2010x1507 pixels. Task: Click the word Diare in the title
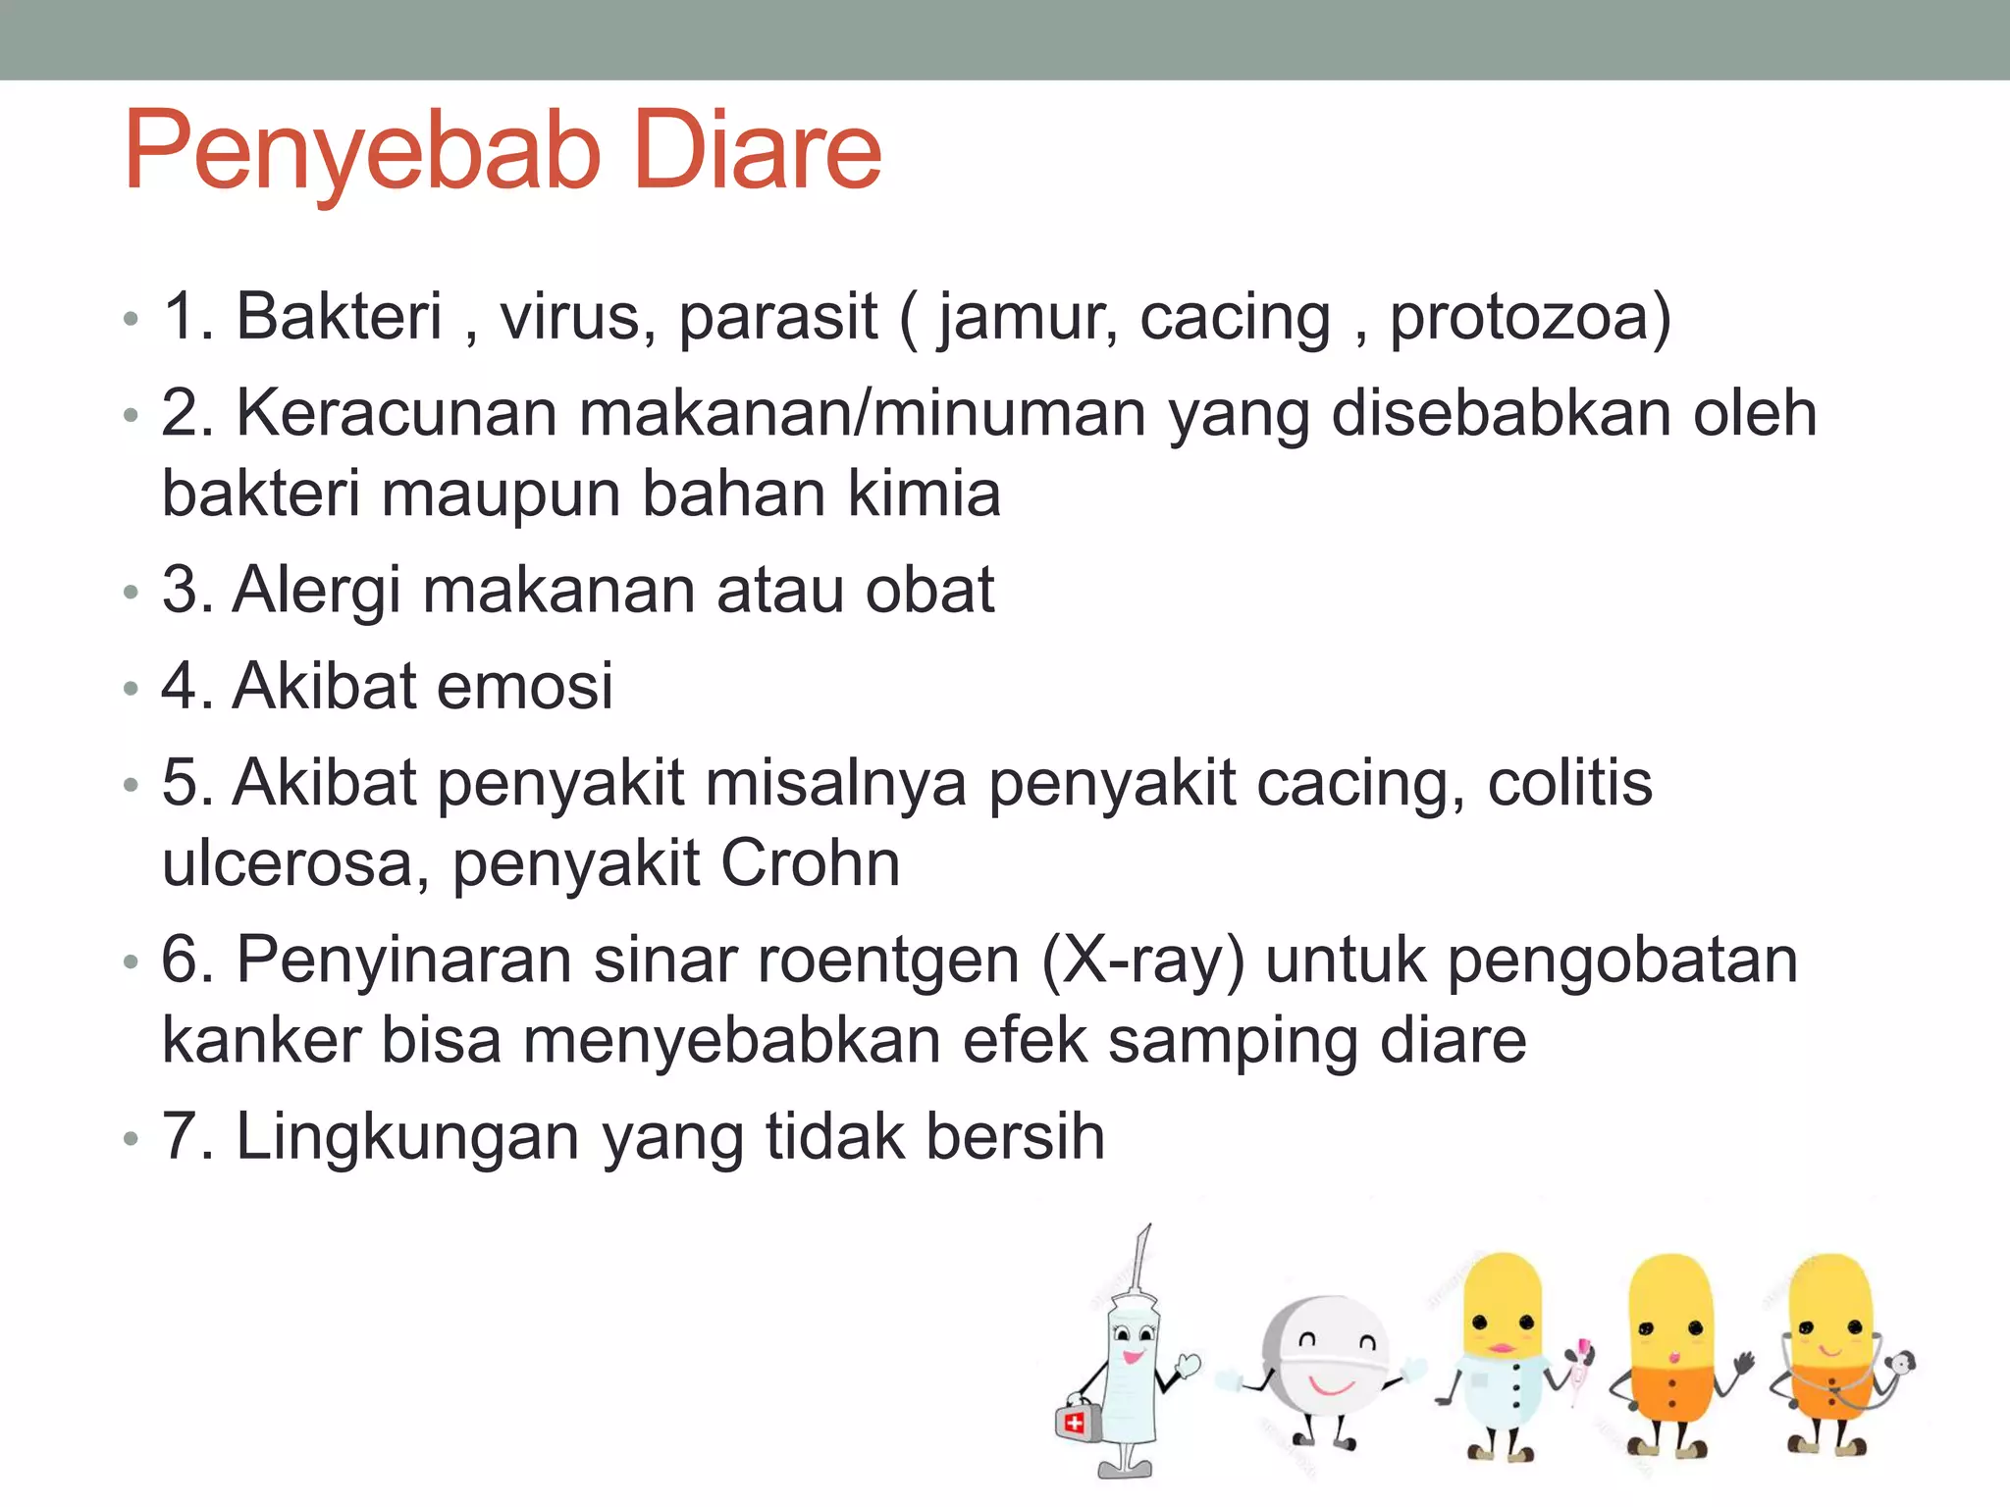(x=758, y=152)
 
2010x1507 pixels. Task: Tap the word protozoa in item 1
(x=1529, y=319)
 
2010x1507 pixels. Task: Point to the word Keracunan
(x=397, y=413)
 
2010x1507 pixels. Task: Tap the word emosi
(x=525, y=686)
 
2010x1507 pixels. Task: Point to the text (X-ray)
(x=1142, y=961)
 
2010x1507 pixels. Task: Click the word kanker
(x=261, y=1040)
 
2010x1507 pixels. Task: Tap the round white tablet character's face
(x=1330, y=1359)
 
